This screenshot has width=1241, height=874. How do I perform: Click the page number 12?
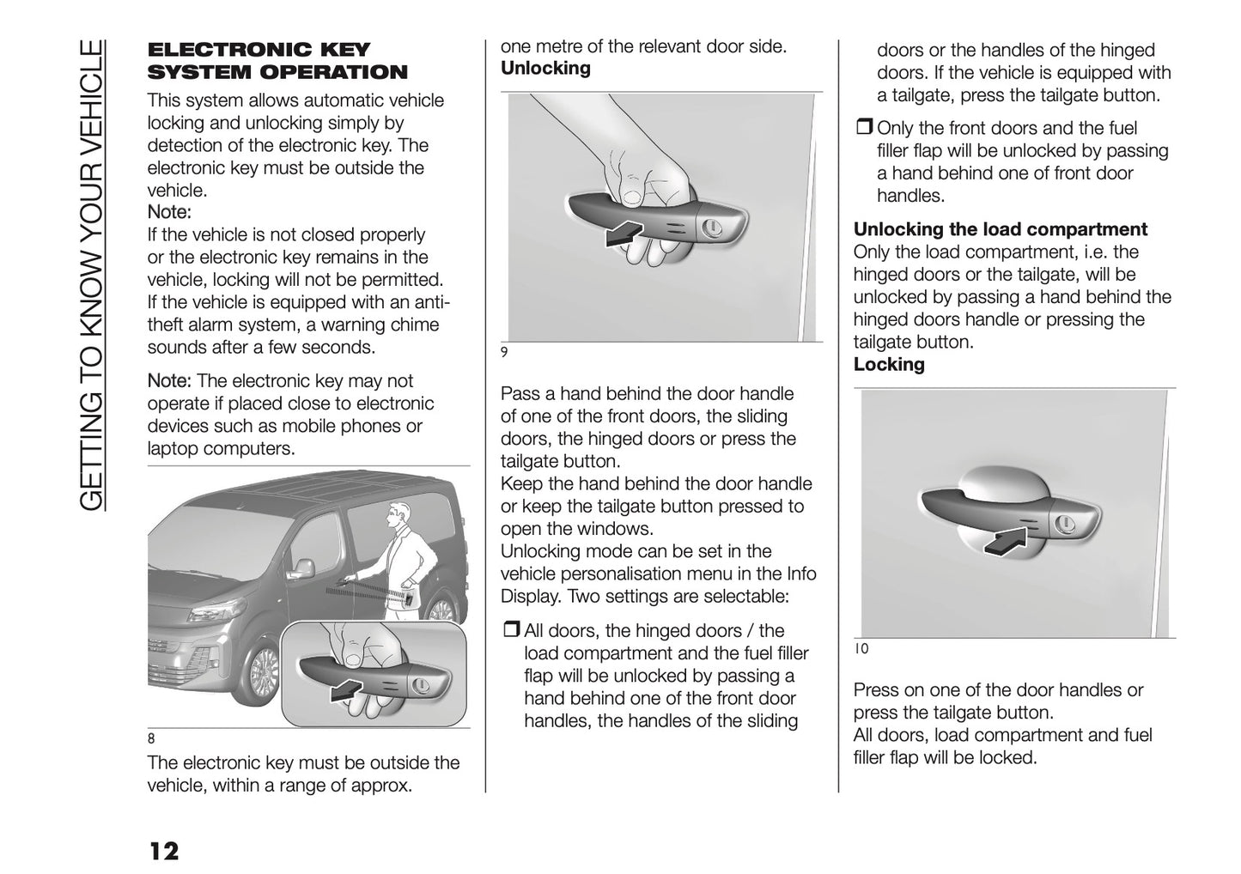point(163,851)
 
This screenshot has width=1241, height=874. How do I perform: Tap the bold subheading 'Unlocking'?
point(545,69)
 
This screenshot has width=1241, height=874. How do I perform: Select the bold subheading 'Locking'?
point(889,365)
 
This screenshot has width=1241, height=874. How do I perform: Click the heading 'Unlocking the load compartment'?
point(1000,229)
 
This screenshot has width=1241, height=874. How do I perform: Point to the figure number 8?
point(151,738)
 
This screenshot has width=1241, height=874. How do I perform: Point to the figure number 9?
point(504,351)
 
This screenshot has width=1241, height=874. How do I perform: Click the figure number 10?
point(861,649)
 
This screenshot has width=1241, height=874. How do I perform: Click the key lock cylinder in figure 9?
point(711,228)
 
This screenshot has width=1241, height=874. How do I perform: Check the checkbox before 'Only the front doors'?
point(863,129)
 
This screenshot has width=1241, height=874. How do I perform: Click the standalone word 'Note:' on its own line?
point(169,212)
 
